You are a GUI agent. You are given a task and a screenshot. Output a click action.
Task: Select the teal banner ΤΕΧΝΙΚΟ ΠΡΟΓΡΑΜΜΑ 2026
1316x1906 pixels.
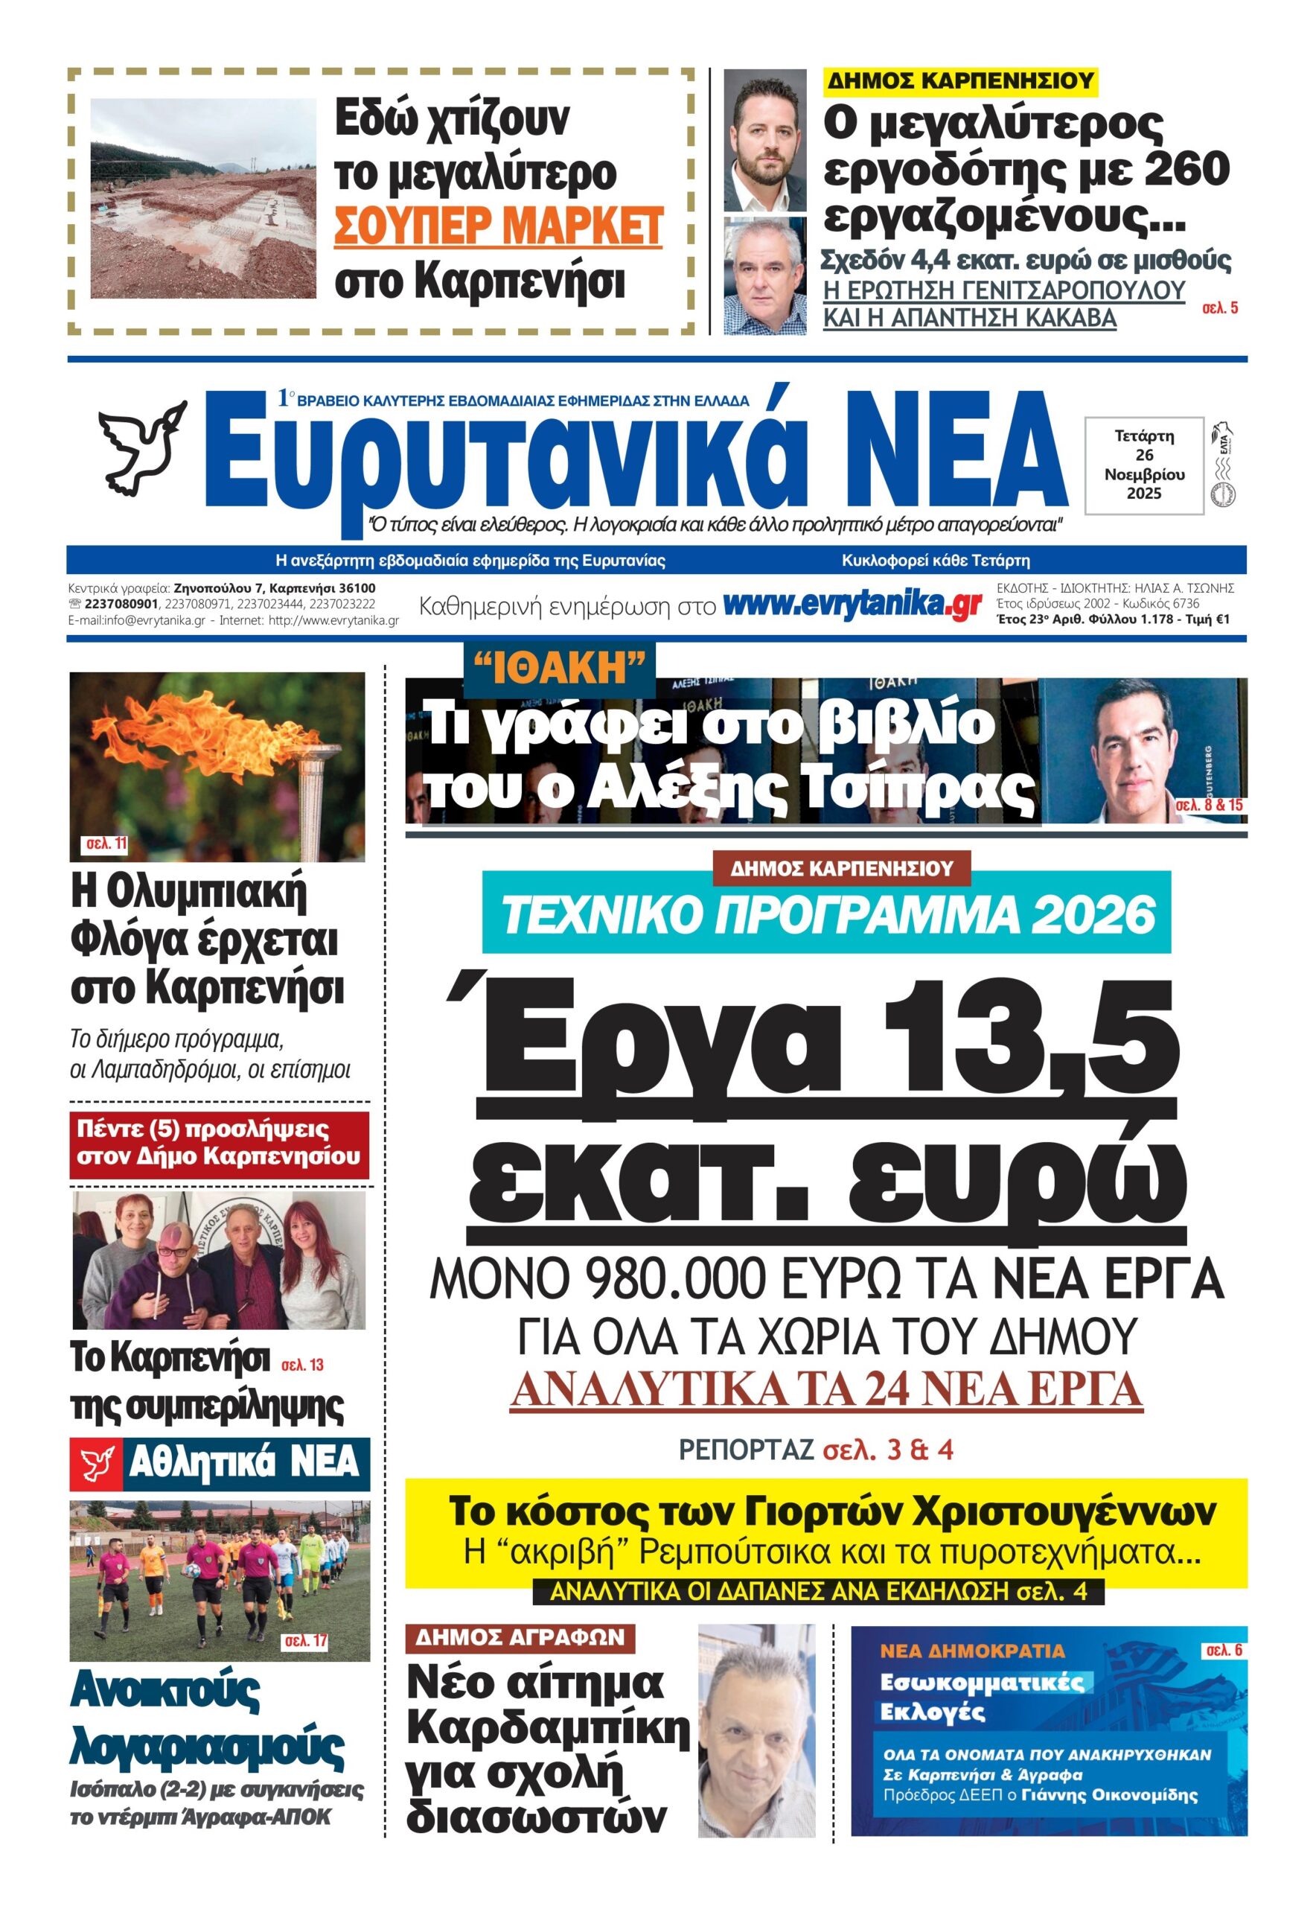coord(828,916)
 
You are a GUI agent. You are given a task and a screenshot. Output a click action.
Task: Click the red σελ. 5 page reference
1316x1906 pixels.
coord(1219,308)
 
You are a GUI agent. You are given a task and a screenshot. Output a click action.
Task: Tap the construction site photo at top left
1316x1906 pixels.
coord(203,198)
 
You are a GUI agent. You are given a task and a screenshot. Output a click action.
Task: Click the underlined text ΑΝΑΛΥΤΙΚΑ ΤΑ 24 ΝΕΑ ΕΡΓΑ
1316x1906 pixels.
coord(826,1392)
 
